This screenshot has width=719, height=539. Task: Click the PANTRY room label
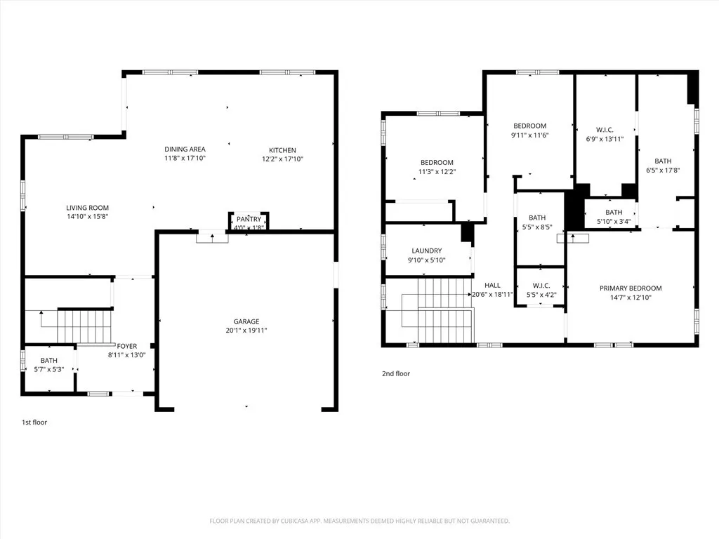[x=249, y=219]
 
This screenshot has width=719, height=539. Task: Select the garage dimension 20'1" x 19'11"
[x=246, y=331]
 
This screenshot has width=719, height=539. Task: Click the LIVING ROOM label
[x=88, y=208]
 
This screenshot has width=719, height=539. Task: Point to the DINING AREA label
[x=185, y=149]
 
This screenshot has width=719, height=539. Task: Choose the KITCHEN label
[x=282, y=150]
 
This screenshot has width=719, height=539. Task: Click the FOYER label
[x=127, y=346]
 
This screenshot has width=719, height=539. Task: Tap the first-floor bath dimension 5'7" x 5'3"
[x=48, y=369]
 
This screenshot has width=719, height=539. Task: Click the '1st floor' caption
[x=34, y=422]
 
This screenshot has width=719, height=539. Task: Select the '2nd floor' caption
[x=395, y=374]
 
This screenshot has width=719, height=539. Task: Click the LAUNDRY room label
[x=427, y=251]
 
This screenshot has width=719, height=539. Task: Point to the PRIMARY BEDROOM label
[x=631, y=288]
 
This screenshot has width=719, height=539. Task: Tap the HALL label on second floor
[x=492, y=285]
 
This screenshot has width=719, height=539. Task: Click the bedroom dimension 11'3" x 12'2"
[x=437, y=171]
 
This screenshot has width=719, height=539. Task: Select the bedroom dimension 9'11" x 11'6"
[x=529, y=135]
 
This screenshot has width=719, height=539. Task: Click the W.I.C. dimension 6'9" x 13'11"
[x=605, y=139]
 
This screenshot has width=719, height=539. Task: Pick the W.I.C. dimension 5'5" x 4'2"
[x=541, y=295]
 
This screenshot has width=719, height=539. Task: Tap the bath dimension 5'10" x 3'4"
[x=614, y=222]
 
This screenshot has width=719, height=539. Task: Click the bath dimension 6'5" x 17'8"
[x=663, y=170]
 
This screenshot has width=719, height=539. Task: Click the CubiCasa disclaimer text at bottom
[x=359, y=521]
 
